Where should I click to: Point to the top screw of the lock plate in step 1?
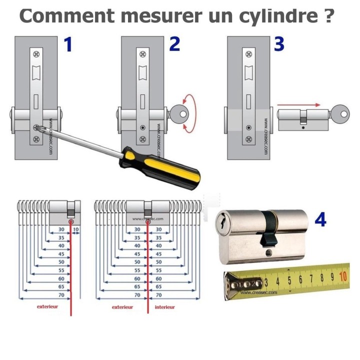click(x=36, y=54)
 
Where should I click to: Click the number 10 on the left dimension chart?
click(x=76, y=229)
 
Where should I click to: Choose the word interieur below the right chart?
click(x=164, y=306)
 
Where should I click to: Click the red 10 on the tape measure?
click(x=343, y=276)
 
